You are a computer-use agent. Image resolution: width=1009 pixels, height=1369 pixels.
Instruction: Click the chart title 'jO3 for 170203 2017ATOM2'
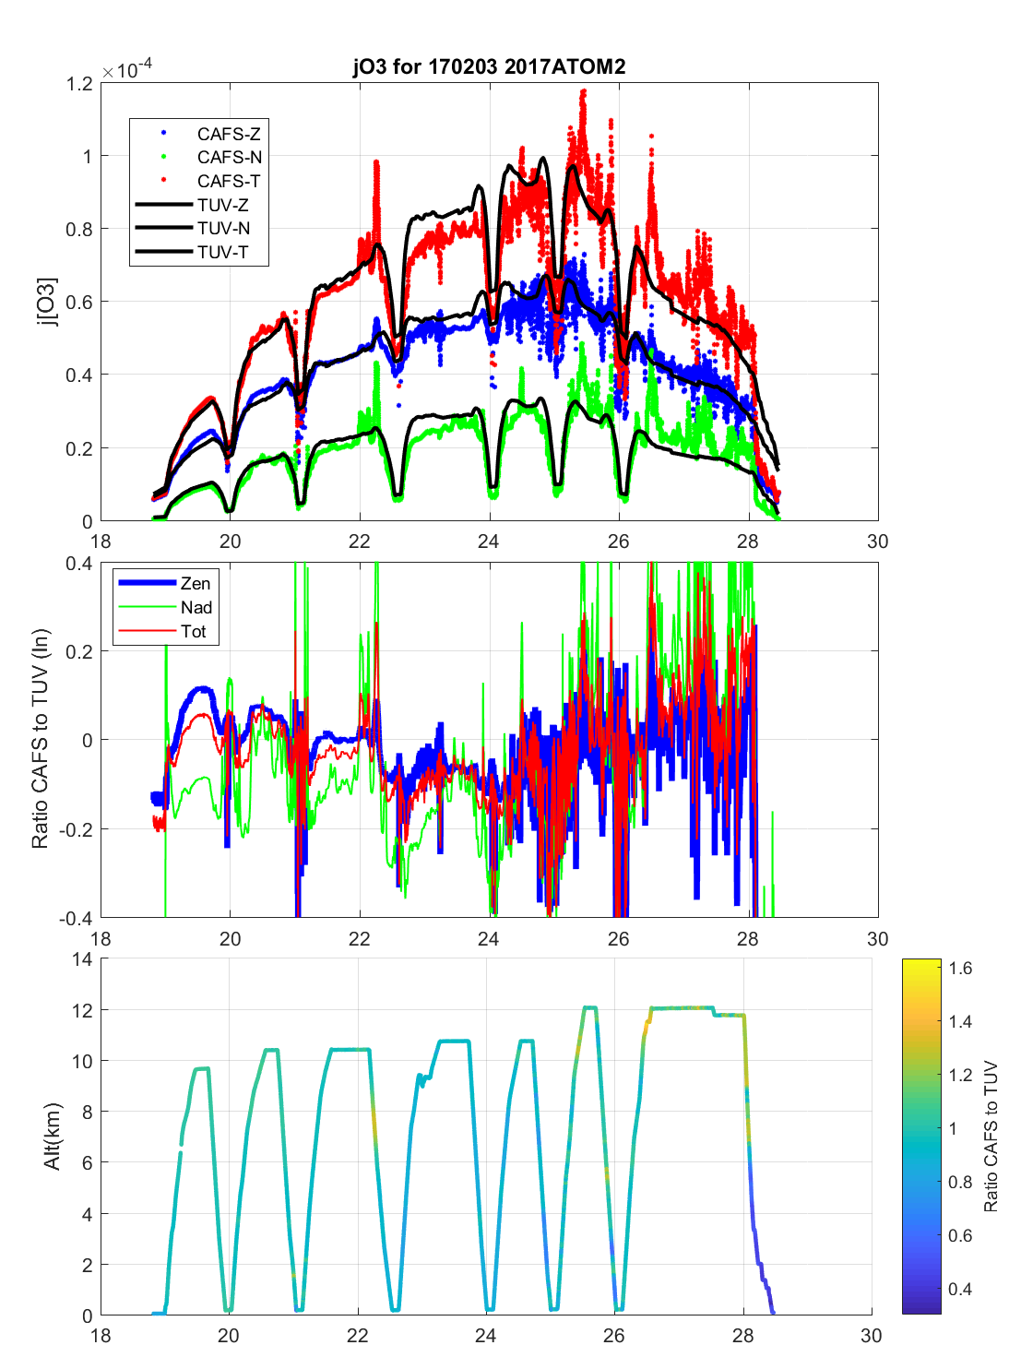tap(489, 66)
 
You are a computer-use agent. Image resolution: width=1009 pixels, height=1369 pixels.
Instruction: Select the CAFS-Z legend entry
tap(228, 135)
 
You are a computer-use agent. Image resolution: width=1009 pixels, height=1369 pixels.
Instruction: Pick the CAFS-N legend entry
tap(229, 158)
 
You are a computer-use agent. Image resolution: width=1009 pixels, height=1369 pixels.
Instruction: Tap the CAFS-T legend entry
tap(228, 182)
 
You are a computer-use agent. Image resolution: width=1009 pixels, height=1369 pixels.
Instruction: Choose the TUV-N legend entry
tap(223, 229)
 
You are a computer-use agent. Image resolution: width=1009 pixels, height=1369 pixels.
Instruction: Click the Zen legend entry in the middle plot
tap(195, 584)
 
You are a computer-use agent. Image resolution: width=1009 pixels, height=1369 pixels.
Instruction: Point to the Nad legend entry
tap(196, 608)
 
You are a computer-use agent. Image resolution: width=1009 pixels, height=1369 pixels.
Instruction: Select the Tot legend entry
tap(194, 632)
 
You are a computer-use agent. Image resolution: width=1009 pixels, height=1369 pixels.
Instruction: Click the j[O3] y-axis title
tap(47, 302)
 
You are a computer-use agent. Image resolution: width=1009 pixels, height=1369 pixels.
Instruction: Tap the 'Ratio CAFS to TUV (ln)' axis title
tap(40, 739)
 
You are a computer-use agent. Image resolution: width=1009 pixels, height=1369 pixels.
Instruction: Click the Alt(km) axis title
tap(52, 1137)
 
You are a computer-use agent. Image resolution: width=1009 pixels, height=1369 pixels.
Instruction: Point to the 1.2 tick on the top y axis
tap(80, 84)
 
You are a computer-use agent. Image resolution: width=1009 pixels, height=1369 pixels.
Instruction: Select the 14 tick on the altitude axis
tap(82, 959)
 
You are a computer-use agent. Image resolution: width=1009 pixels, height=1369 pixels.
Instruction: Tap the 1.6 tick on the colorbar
tap(960, 969)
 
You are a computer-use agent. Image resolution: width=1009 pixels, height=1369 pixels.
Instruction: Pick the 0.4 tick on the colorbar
tap(960, 1290)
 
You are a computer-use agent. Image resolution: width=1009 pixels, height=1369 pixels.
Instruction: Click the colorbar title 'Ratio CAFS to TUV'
tap(991, 1137)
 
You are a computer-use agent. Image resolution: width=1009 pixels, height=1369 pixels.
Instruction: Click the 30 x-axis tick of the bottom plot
tap(871, 1335)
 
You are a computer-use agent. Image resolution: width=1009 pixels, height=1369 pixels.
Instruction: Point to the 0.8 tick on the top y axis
tap(80, 230)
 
